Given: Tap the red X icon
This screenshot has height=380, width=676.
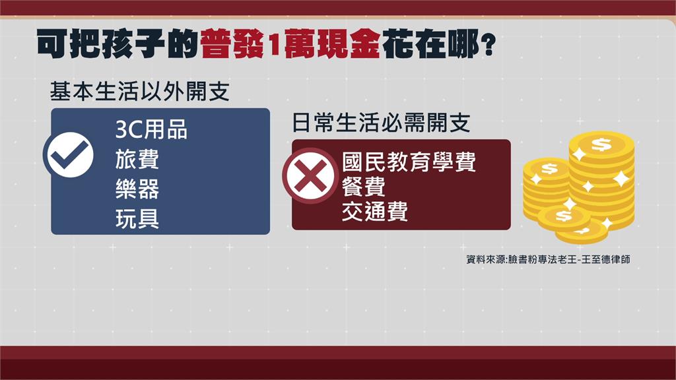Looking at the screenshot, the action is click(x=309, y=175).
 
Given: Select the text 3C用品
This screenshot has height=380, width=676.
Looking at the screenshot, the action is click(x=151, y=129).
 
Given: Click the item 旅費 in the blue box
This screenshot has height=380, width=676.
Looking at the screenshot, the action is click(x=137, y=159).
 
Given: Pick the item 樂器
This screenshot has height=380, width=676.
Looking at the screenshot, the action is click(x=137, y=189).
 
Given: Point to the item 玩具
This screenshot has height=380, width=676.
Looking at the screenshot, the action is click(x=137, y=218).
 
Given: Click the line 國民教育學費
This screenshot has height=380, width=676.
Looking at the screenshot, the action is click(x=409, y=162).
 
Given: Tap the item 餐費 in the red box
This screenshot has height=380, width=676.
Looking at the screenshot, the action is click(x=364, y=187).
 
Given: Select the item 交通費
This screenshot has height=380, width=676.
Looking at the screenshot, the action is click(x=375, y=211).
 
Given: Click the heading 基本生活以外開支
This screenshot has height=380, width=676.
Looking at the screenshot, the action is click(x=140, y=91).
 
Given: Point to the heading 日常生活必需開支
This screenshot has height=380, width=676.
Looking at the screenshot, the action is click(x=381, y=122).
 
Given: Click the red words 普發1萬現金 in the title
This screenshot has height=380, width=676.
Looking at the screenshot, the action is click(x=290, y=44).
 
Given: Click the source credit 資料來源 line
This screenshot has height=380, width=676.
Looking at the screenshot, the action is click(x=548, y=259).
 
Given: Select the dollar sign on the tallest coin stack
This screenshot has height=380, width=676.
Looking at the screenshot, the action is click(x=601, y=144).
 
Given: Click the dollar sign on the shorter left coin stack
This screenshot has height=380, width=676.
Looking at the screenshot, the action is click(x=549, y=168).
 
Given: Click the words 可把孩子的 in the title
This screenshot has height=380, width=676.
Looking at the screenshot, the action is click(x=118, y=44).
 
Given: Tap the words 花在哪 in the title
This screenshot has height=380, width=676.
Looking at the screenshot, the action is click(x=430, y=44).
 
